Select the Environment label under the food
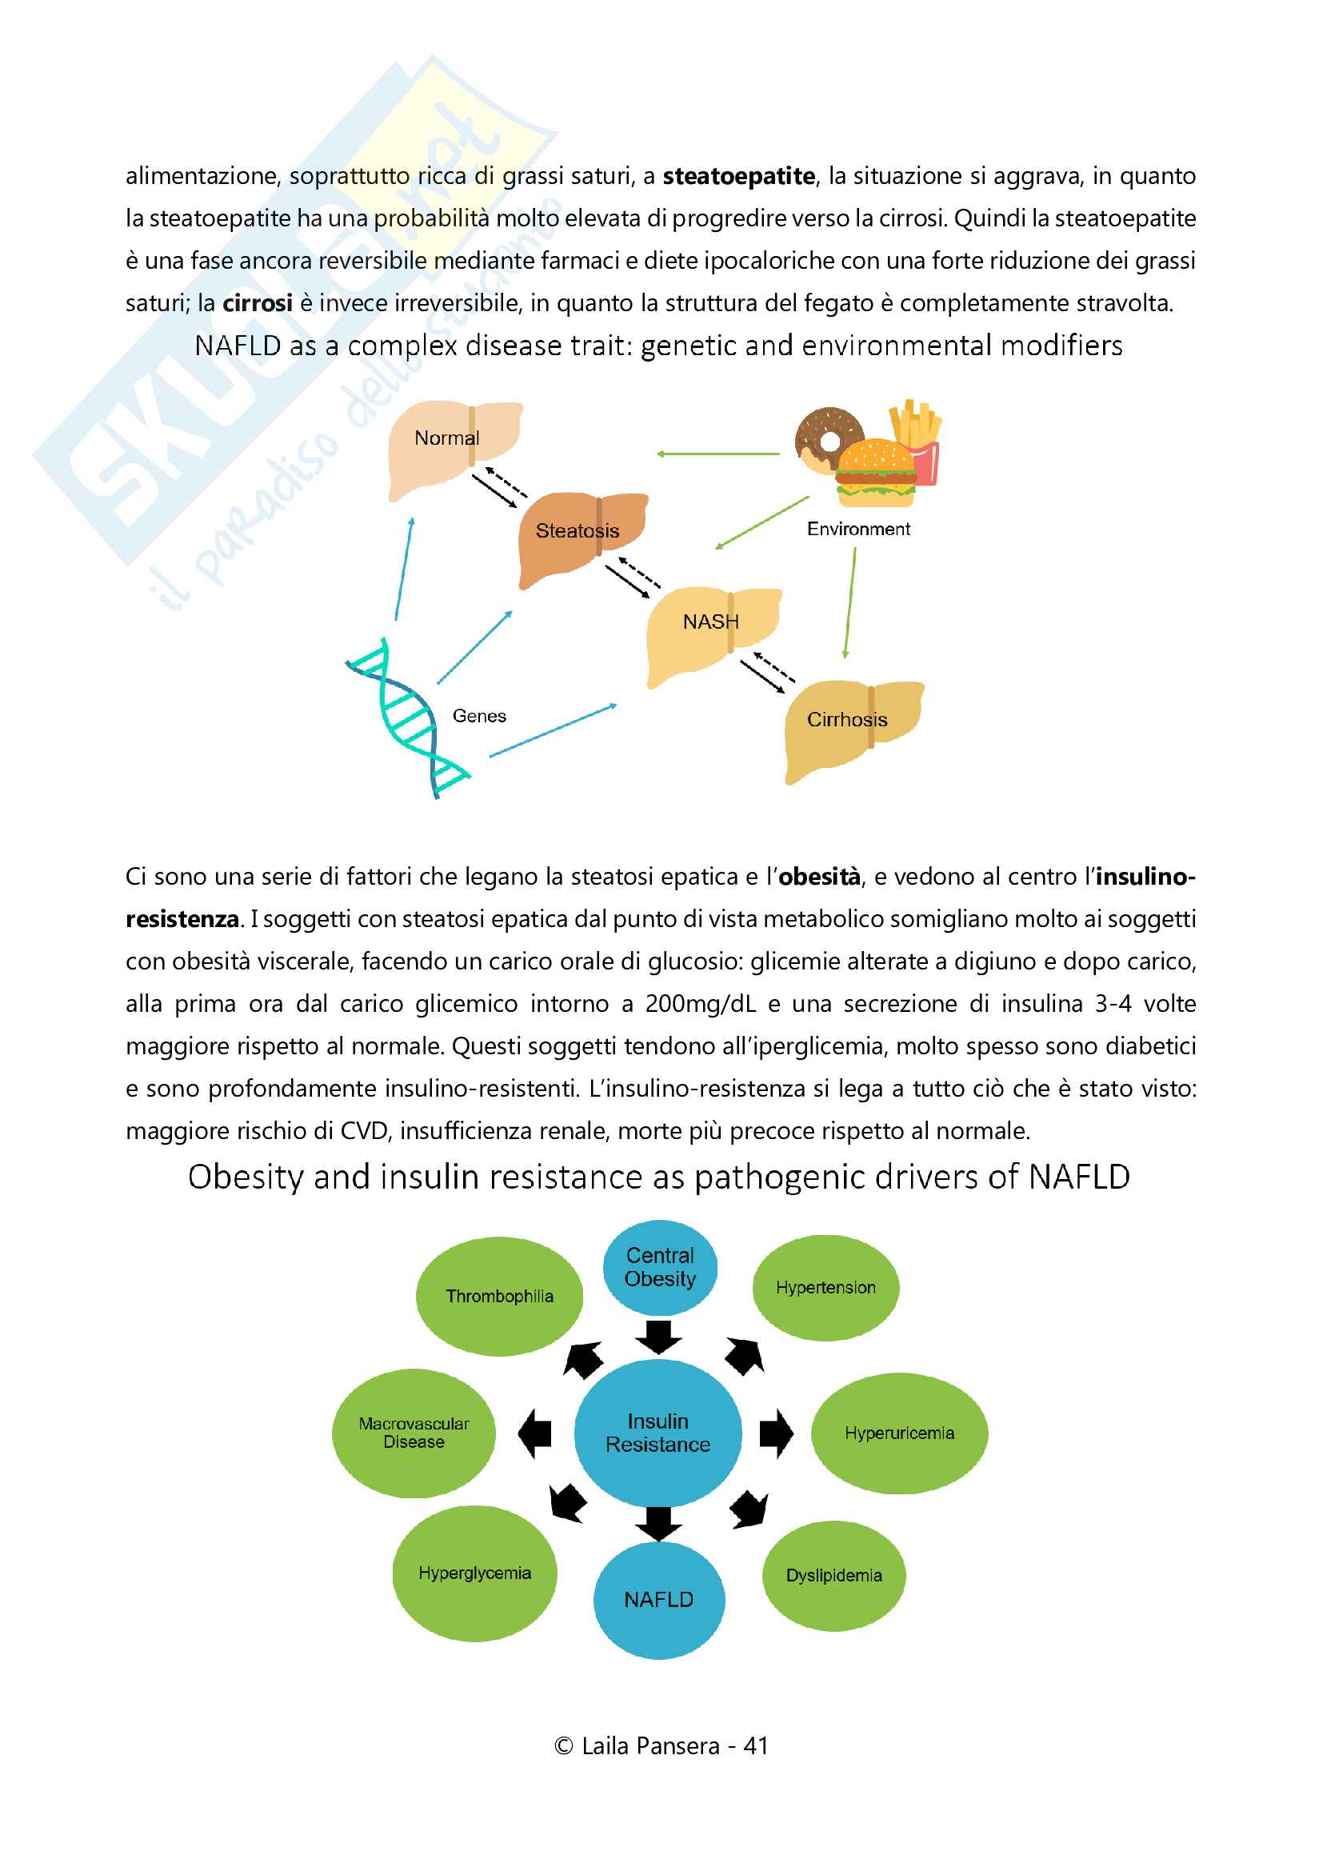857,529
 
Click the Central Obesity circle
660,1267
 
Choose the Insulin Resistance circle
658,1433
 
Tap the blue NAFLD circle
658,1599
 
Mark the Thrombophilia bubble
499,1296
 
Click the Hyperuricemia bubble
898,1433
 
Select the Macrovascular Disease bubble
414,1433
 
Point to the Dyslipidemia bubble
833,1575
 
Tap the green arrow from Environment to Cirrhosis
849,603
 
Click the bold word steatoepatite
738,176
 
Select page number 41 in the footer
755,1745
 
